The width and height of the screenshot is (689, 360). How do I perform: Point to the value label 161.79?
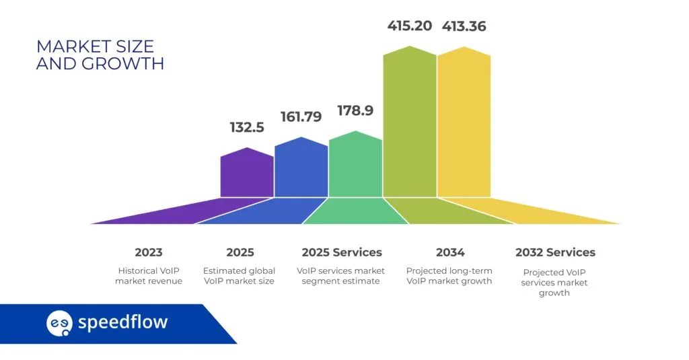pyautogui.click(x=301, y=116)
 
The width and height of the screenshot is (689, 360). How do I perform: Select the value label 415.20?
pyautogui.click(x=409, y=27)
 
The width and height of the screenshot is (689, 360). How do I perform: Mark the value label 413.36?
pyautogui.click(x=464, y=27)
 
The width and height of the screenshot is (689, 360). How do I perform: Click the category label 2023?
pyautogui.click(x=148, y=252)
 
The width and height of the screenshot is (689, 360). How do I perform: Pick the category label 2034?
pyautogui.click(x=449, y=252)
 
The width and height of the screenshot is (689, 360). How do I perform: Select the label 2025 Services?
pyautogui.click(x=341, y=252)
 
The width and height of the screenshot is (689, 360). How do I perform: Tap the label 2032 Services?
pyautogui.click(x=555, y=252)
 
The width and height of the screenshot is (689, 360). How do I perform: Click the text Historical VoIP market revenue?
pyautogui.click(x=148, y=276)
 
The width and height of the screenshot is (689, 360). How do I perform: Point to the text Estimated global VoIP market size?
pyautogui.click(x=240, y=276)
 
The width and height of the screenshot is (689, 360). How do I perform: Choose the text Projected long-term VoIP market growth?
pyautogui.click(x=449, y=276)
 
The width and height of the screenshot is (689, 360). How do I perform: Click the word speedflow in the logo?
pyautogui.click(x=122, y=322)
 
